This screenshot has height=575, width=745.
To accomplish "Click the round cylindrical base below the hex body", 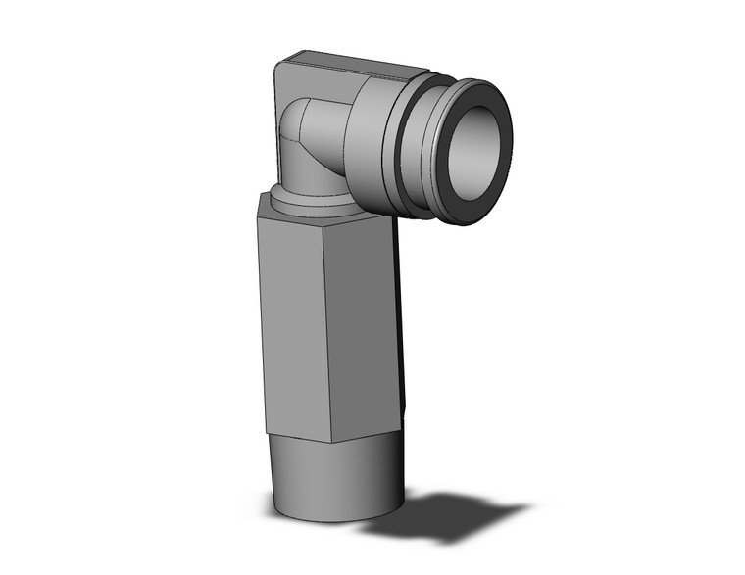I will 333,480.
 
